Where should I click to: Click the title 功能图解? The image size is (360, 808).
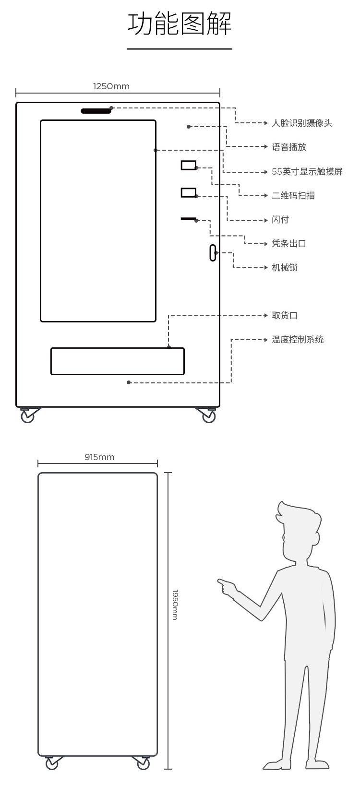tap(180, 24)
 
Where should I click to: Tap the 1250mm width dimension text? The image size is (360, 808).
tap(111, 86)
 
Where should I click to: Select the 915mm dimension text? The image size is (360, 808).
tap(99, 457)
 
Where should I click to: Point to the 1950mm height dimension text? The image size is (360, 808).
tap(175, 605)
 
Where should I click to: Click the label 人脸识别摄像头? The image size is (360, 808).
tap(301, 123)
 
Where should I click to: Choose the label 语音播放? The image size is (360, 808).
tap(289, 147)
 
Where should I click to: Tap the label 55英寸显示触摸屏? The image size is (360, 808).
tap(307, 172)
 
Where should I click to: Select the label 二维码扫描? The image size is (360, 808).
tap(293, 196)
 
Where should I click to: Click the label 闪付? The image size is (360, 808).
tap(280, 220)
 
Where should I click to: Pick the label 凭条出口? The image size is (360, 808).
tap(289, 244)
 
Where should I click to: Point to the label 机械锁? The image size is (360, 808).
tap(285, 268)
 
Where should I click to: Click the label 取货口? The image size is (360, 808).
tap(285, 316)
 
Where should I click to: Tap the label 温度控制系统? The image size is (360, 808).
tap(298, 340)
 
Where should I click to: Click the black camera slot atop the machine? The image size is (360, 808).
tap(96, 111)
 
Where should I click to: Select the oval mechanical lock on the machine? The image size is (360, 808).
tap(213, 253)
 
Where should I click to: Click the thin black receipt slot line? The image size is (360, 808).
tap(189, 219)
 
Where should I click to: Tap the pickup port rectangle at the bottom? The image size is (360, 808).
tap(118, 361)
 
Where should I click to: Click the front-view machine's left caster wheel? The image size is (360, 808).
tap(27, 416)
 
